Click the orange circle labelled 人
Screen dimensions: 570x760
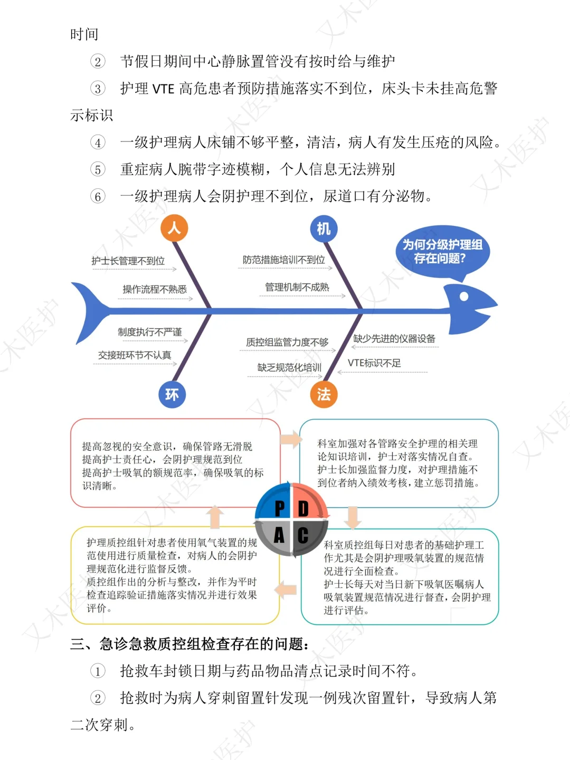pyautogui.click(x=174, y=228)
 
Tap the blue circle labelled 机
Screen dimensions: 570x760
pyautogui.click(x=324, y=229)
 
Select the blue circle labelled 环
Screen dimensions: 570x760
pyautogui.click(x=172, y=394)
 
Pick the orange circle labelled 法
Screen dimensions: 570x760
pyautogui.click(x=324, y=394)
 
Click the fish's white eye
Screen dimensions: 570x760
pyautogui.click(x=464, y=296)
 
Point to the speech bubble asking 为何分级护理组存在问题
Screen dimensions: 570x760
pyautogui.click(x=442, y=252)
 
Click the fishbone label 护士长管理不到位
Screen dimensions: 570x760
pyautogui.click(x=128, y=261)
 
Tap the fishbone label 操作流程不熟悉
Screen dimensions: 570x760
pyautogui.click(x=155, y=289)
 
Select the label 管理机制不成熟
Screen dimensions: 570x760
pyautogui.click(x=297, y=287)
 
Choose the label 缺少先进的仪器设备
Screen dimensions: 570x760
pyautogui.click(x=394, y=339)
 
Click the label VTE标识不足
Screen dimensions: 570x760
pyautogui.click(x=374, y=363)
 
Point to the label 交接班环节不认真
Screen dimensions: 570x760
pyautogui.click(x=135, y=355)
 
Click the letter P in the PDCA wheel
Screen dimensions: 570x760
pyautogui.click(x=280, y=509)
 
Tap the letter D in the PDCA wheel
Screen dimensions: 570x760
pyautogui.click(x=303, y=509)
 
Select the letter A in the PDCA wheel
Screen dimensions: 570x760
pyautogui.click(x=279, y=535)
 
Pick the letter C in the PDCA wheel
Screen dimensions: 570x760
pyautogui.click(x=303, y=535)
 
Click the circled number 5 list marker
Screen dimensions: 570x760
pyautogui.click(x=98, y=169)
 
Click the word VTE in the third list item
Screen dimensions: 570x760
pyautogui.click(x=163, y=89)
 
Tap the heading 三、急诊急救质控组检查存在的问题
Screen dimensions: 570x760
pyautogui.click(x=190, y=644)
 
